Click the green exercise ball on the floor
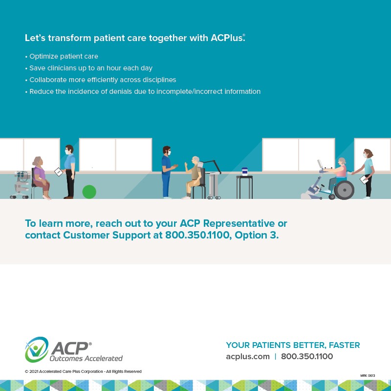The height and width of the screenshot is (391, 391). coord(89,192)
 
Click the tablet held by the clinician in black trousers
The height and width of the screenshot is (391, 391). coord(59,172)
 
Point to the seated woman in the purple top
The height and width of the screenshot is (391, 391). coord(40,176)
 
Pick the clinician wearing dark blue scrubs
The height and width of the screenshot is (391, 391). coord(166,171)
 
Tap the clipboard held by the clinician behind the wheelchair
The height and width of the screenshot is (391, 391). coord(364,180)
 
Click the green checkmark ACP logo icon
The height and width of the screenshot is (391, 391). coord(37,349)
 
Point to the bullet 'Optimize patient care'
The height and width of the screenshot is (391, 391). coord(64,56)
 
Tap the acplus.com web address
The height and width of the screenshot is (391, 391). coord(248,356)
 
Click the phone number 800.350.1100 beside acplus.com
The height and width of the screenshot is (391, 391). coord(307,356)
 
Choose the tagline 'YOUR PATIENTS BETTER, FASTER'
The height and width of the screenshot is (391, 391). coord(293,345)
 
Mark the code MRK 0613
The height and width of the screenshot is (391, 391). coord(368,375)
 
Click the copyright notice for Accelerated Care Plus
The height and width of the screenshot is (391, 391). coord(83,371)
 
